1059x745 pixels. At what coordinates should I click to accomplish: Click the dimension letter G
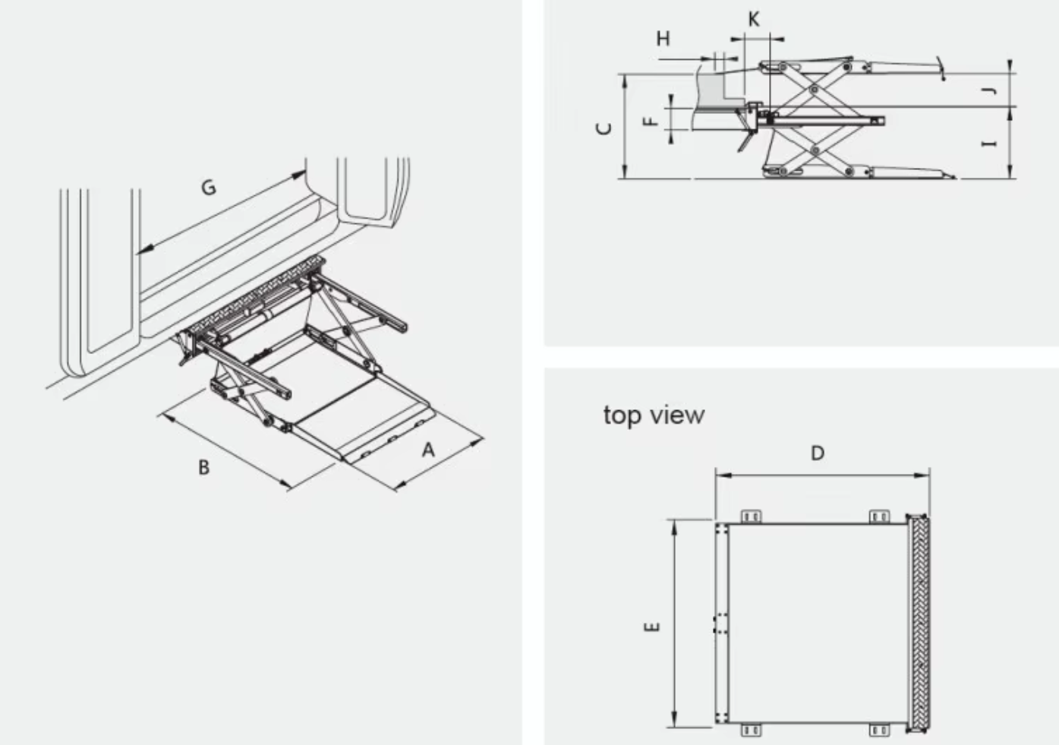208,186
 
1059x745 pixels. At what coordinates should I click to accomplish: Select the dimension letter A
428,450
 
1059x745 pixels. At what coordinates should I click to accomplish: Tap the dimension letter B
203,467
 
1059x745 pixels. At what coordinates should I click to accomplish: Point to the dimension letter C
605,128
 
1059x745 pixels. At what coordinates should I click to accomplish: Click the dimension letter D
817,453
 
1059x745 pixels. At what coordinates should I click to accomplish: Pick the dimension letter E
652,627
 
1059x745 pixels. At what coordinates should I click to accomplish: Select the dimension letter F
650,121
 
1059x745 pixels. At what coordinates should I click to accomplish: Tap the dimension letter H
663,39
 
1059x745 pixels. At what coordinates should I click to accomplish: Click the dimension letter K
753,19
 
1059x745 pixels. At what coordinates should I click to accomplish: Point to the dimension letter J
988,91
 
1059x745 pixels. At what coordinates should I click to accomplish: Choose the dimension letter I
988,143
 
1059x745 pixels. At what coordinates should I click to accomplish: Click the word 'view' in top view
677,415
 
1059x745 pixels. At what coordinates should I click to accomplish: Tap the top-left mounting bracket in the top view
751,516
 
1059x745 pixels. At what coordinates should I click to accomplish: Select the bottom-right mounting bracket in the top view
879,730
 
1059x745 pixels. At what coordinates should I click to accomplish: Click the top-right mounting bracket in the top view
879,516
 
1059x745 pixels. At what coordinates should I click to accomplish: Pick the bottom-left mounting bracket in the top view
751,730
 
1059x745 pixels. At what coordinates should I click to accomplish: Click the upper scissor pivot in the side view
814,90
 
